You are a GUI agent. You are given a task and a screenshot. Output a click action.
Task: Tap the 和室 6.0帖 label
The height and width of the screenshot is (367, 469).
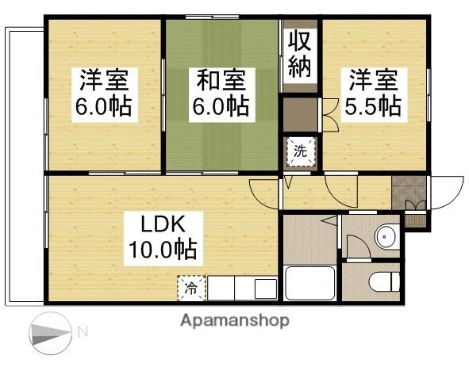coord(221,93)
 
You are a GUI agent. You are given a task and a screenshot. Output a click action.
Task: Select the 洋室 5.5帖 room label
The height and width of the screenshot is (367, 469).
coord(371,93)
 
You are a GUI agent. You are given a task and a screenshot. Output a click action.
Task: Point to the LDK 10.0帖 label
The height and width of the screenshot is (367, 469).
coord(163,237)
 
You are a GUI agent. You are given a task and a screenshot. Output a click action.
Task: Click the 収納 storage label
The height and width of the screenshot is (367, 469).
coord(300,54)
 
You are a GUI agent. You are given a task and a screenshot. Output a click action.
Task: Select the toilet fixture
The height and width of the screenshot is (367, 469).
coord(380,281)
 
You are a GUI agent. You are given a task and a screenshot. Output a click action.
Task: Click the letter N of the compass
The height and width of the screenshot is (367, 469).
coord(82,331)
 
